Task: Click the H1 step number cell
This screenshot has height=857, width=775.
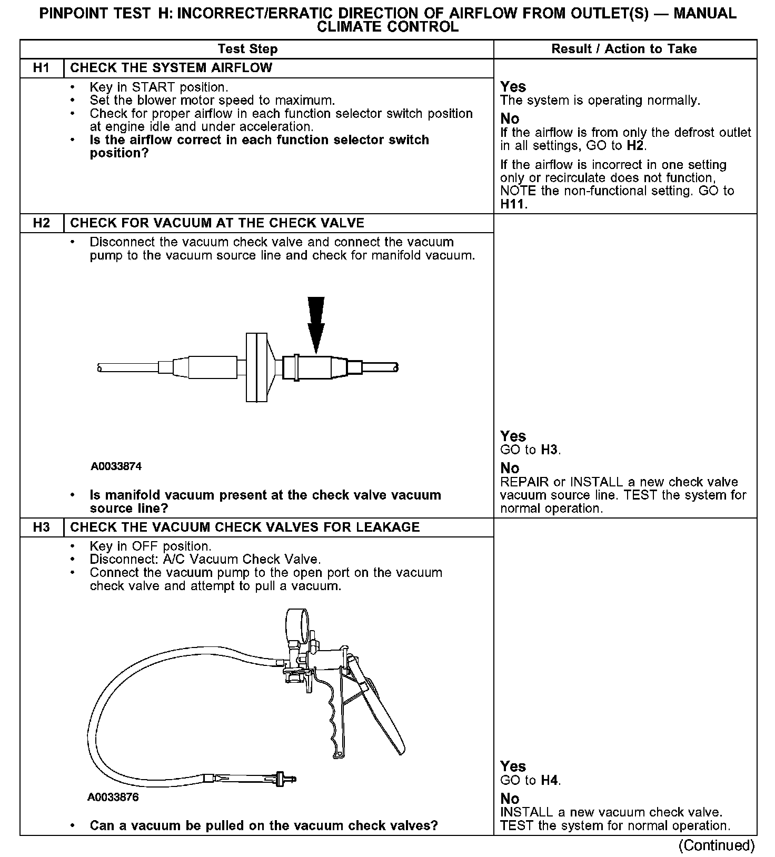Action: pos(41,68)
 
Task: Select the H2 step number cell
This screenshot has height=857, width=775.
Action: pos(41,223)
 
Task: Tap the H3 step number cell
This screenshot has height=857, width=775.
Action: pos(41,527)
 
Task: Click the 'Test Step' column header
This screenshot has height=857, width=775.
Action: pos(247,49)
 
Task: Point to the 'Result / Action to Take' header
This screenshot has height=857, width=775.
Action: pos(624,49)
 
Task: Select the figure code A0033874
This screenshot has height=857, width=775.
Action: pos(116,466)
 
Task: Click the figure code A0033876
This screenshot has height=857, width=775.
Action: pos(113,798)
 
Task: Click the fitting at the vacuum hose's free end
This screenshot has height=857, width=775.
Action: pos(285,779)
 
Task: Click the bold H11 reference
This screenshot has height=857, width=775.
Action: pos(513,204)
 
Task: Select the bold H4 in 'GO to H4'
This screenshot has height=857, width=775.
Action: pos(549,780)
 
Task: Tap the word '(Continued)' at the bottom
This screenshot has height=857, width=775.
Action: pos(717,845)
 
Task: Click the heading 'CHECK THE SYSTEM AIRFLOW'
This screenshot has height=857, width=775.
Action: pos(171,68)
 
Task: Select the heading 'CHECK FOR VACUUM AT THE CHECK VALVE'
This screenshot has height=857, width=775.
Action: pos(217,223)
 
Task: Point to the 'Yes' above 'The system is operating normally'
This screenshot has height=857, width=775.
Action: pos(513,86)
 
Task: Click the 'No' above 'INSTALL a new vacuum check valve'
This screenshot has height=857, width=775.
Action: pos(510,799)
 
